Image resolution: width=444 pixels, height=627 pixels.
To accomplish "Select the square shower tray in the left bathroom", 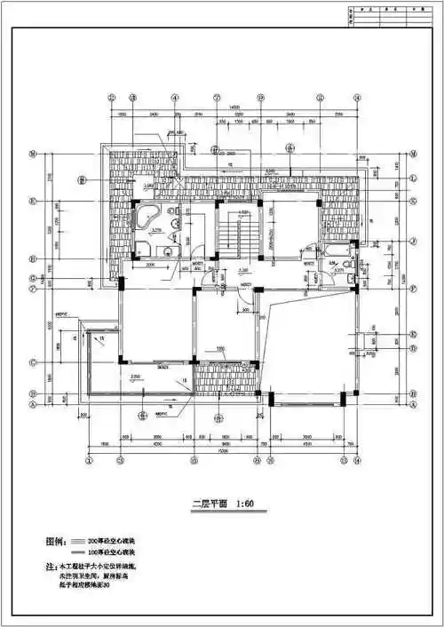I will (x=143, y=248).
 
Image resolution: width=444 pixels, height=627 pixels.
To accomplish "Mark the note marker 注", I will (x=50, y=566).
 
